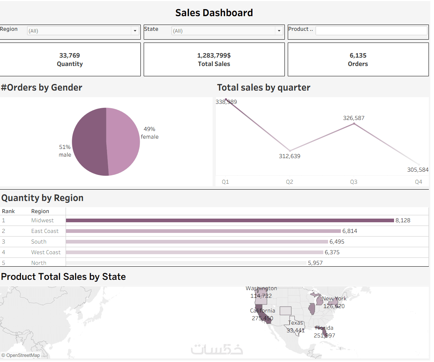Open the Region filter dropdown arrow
(x=135, y=31)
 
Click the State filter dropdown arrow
(x=279, y=31)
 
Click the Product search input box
(x=371, y=30)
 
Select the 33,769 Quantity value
(x=70, y=55)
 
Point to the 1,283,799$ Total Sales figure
(x=214, y=55)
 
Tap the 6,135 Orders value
(x=358, y=55)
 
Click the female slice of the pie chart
(x=123, y=141)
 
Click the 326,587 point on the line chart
(x=354, y=124)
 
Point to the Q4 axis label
(x=418, y=182)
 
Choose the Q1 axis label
(x=225, y=182)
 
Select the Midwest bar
(x=229, y=220)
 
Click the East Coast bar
(x=203, y=231)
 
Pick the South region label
(x=39, y=242)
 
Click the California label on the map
(x=262, y=311)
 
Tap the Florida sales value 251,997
(x=324, y=335)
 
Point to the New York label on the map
(x=334, y=299)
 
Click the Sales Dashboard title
(x=214, y=13)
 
